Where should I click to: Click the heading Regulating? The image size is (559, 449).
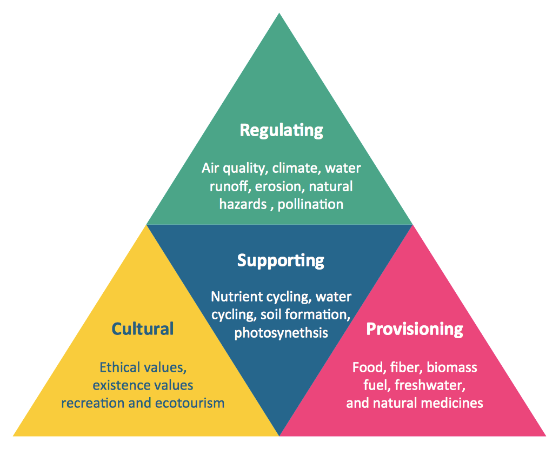(281, 130)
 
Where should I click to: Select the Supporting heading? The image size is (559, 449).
(281, 260)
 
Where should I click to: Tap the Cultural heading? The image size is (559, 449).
(143, 329)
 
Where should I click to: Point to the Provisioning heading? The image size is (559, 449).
(415, 329)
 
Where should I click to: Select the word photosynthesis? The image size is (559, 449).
(281, 332)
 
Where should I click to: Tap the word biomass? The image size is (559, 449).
(452, 368)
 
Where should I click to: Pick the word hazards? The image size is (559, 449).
(243, 204)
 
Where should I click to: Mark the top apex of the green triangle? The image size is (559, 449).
(279, 14)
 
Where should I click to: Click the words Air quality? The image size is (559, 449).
(234, 168)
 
